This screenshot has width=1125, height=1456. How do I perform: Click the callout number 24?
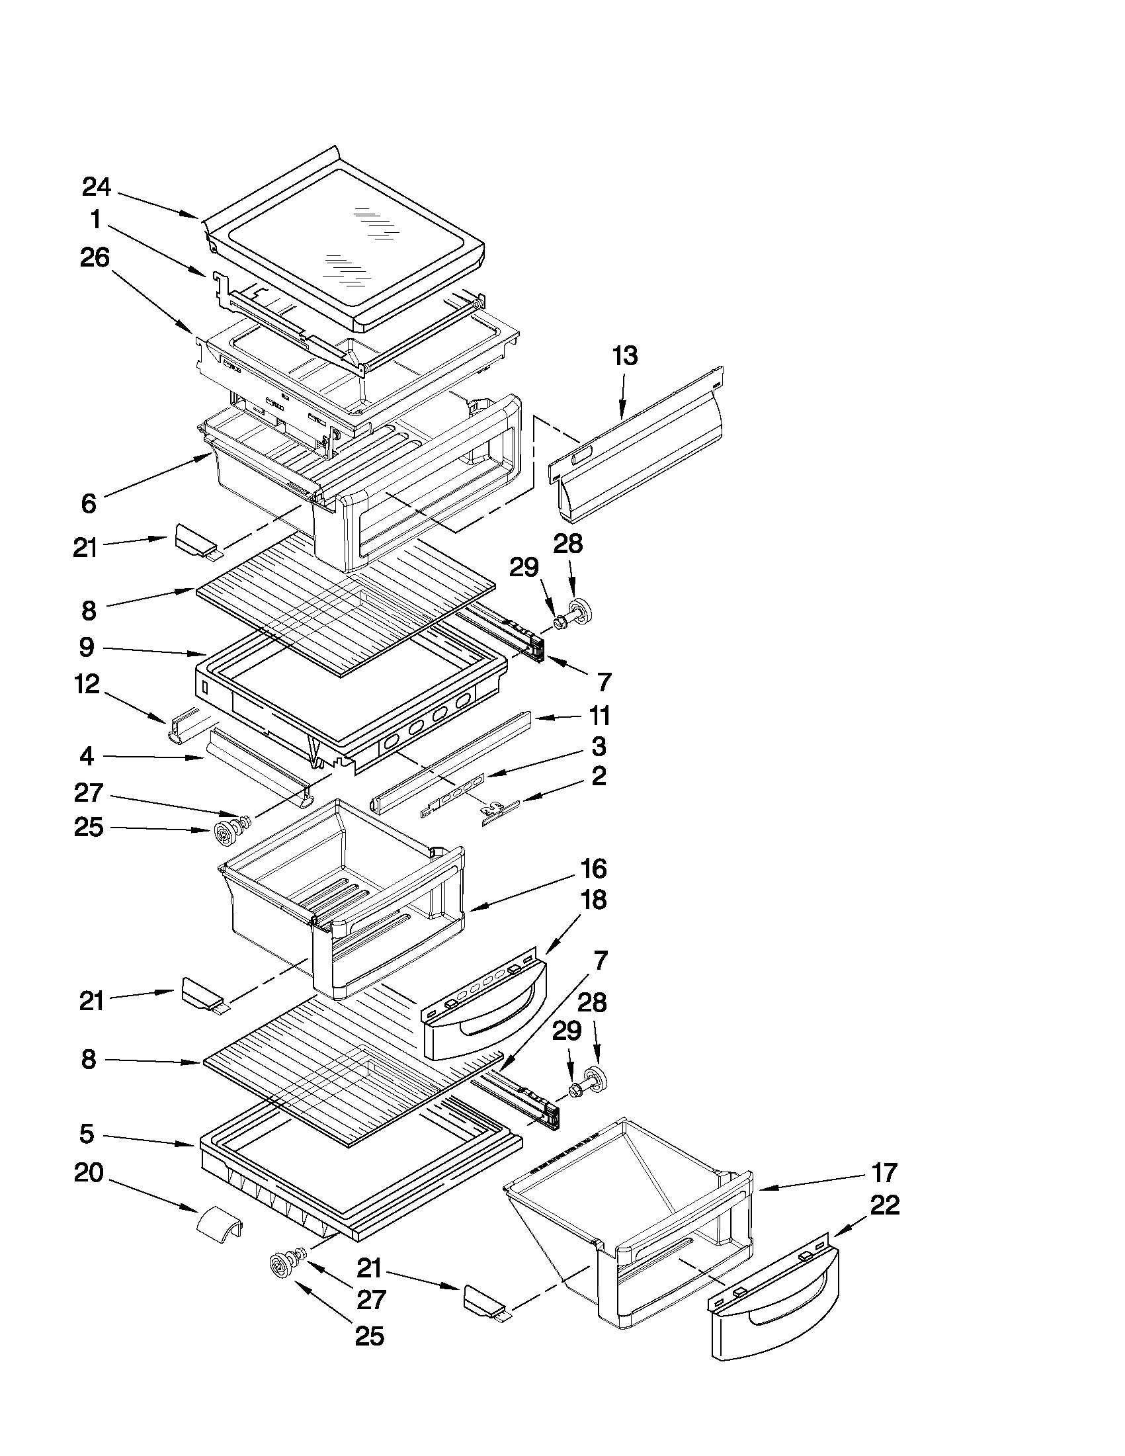[x=96, y=187]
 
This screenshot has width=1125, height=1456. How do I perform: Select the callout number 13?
[x=625, y=356]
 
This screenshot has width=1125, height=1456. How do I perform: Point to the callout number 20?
[x=89, y=1172]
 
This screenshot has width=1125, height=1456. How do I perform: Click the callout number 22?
[x=885, y=1205]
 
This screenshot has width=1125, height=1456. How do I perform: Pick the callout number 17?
[x=884, y=1172]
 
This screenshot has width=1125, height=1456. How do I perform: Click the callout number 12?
[x=87, y=684]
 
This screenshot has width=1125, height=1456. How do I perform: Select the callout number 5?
[x=87, y=1134]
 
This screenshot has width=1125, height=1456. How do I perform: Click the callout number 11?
[x=599, y=716]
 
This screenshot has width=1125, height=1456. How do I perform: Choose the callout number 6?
[x=89, y=504]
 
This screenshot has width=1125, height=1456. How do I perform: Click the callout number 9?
[x=87, y=647]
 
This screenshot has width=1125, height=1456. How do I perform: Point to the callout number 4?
[x=87, y=757]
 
